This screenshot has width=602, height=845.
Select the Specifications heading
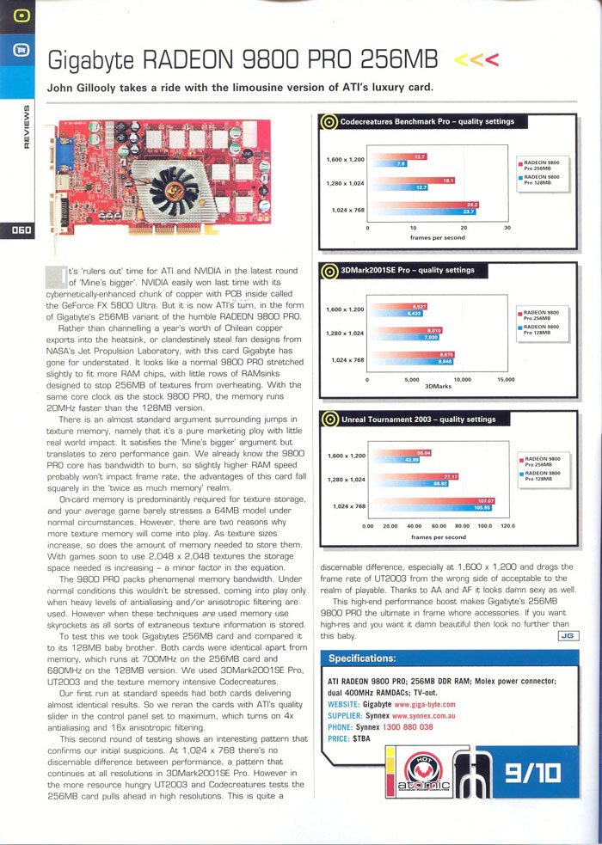[x=362, y=658]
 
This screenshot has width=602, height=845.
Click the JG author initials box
[x=568, y=636]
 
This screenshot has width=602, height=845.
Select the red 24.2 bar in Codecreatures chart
[x=422, y=203]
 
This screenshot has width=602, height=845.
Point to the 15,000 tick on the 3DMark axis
[x=506, y=378]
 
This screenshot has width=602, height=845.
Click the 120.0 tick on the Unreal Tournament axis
[x=507, y=525]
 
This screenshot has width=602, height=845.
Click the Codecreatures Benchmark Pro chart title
[x=427, y=121]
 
